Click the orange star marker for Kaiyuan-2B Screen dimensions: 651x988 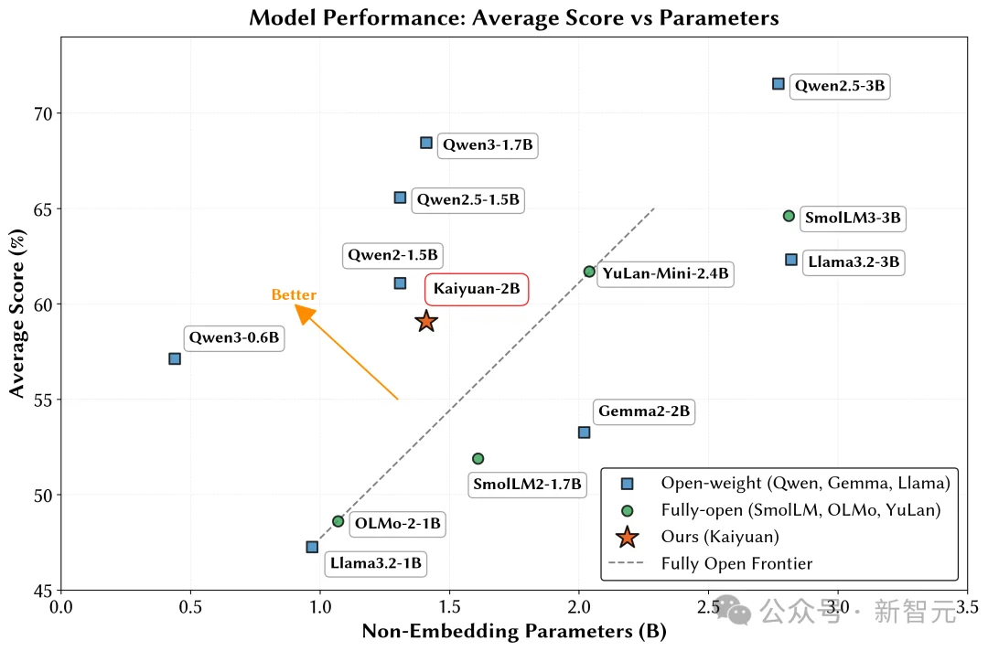[x=426, y=321]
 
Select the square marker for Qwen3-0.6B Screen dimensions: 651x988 [x=175, y=358]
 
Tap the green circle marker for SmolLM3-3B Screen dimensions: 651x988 [x=789, y=216]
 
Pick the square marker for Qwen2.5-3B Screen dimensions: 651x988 [x=779, y=84]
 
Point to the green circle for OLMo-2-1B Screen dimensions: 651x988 [x=338, y=521]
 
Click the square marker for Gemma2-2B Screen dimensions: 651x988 [x=584, y=432]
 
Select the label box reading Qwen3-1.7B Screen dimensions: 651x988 [x=488, y=144]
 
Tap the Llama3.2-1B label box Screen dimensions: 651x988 [x=375, y=563]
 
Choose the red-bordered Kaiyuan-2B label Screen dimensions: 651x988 [x=477, y=289]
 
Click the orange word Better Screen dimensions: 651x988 [x=294, y=295]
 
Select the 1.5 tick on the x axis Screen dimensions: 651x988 [x=449, y=607]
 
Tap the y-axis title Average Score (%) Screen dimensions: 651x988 [x=16, y=314]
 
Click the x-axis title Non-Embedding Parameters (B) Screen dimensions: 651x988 [x=514, y=632]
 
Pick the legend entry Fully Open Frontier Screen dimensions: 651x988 [x=736, y=563]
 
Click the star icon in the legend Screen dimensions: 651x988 [x=627, y=537]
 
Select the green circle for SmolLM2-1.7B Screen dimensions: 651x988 [x=478, y=458]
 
